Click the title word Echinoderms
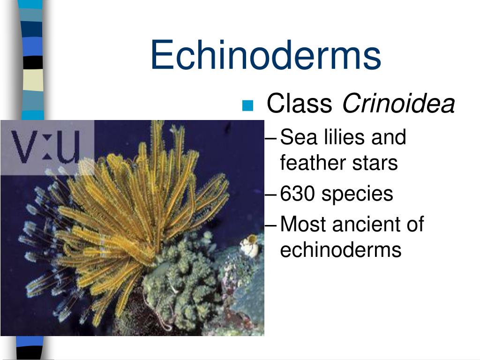(265, 55)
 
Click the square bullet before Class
(247, 105)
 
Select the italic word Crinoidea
(399, 104)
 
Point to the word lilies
(337, 137)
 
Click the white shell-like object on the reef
(249, 247)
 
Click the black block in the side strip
(32, 62)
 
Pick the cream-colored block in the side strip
(32, 80)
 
